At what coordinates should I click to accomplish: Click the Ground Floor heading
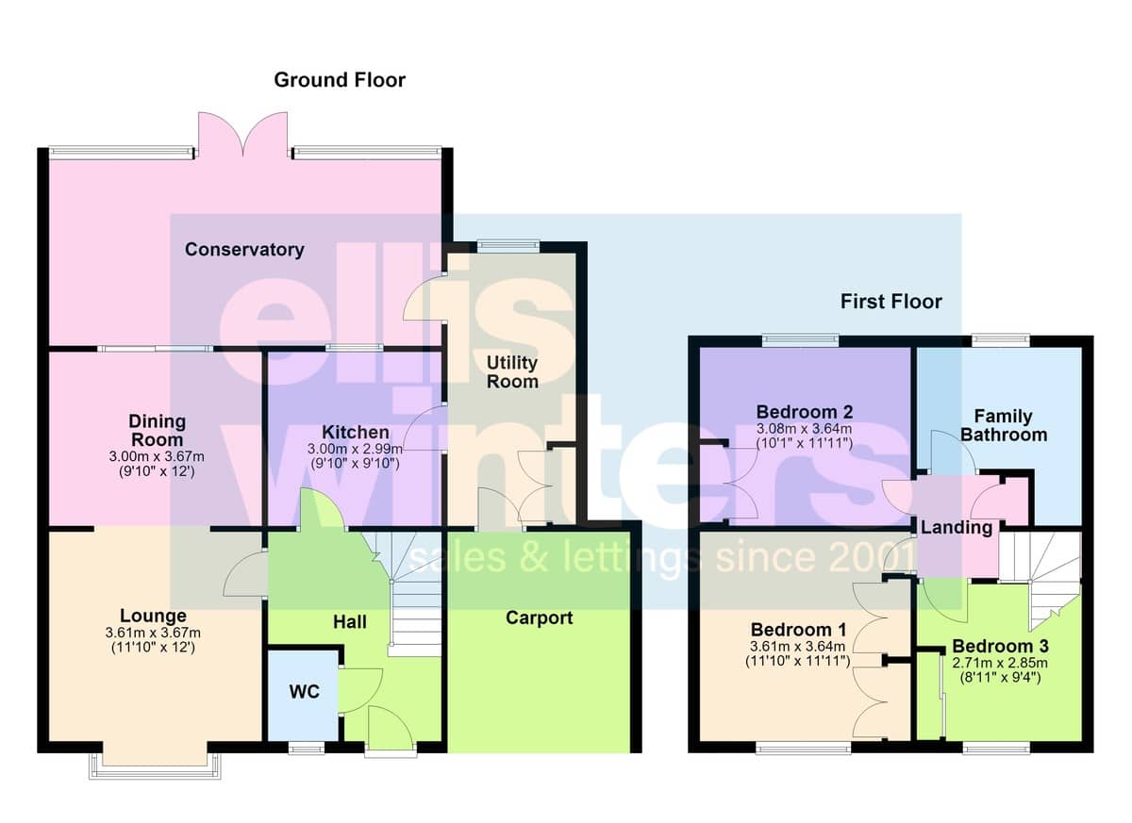click(x=340, y=80)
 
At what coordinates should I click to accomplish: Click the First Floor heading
click(x=891, y=302)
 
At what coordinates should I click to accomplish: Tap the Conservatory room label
click(x=244, y=250)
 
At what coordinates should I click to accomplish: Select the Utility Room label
click(x=512, y=371)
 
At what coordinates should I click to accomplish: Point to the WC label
click(x=304, y=691)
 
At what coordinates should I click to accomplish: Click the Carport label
click(x=540, y=618)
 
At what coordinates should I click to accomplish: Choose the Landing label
click(x=957, y=528)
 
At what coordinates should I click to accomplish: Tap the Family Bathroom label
click(x=1004, y=425)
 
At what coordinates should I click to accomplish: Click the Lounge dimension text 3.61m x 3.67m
click(x=153, y=633)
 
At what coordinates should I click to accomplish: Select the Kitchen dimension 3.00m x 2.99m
click(x=356, y=449)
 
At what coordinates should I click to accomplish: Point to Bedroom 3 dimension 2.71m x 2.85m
click(x=1000, y=663)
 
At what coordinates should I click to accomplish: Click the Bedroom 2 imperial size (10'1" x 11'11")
click(x=805, y=443)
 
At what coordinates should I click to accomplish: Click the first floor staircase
click(x=1040, y=579)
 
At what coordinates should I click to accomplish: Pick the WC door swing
click(x=359, y=691)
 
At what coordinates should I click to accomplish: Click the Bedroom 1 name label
click(x=798, y=630)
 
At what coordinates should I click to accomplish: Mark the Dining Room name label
click(x=158, y=430)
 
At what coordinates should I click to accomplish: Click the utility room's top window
click(x=508, y=246)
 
